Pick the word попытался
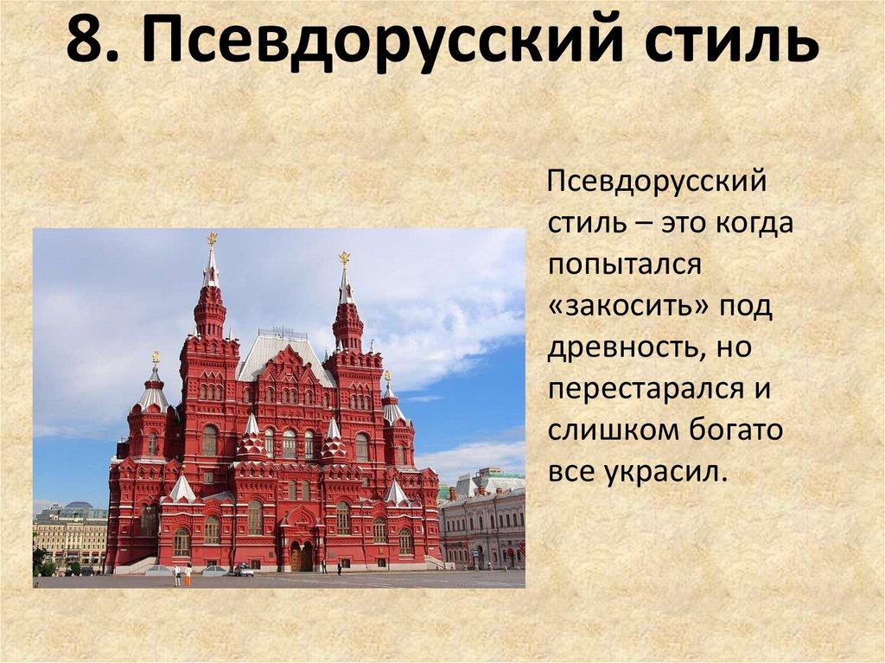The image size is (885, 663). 621,264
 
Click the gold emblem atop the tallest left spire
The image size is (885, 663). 212,239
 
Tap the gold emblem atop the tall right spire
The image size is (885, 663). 344,258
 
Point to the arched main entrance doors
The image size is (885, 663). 300,556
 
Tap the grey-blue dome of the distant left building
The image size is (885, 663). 79,505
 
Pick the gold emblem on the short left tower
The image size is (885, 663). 156,356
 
